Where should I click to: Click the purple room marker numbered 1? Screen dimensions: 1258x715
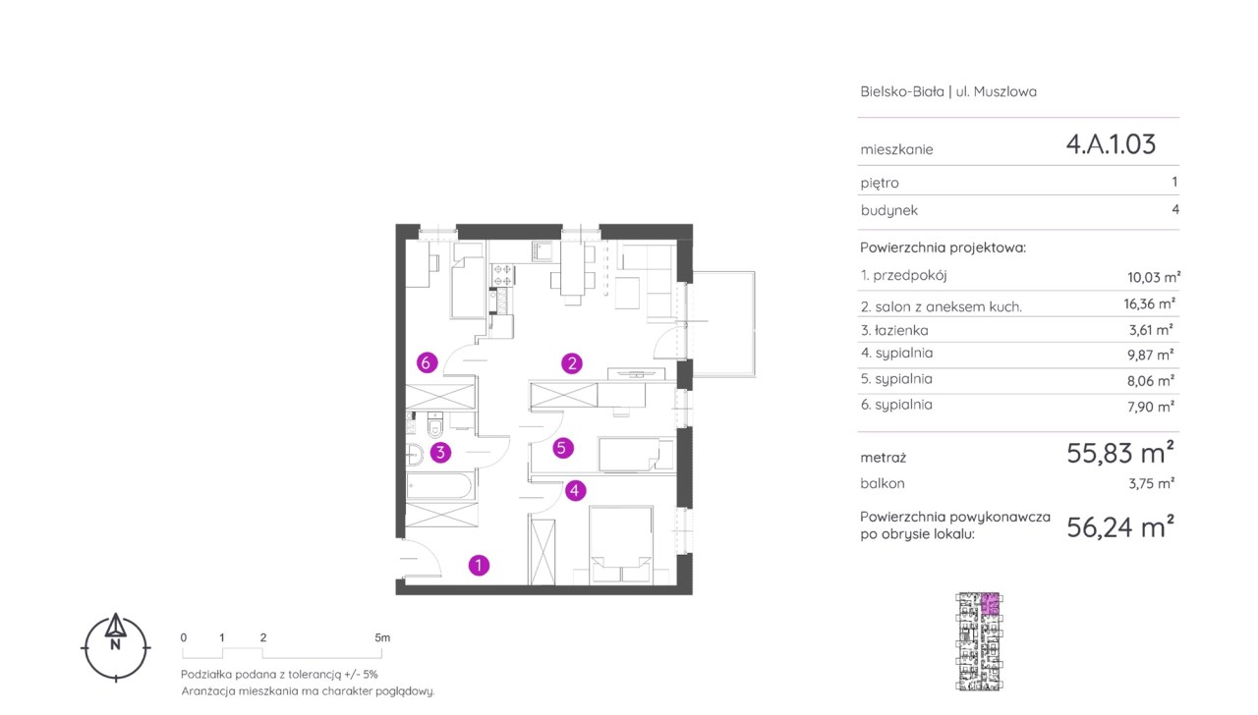(479, 565)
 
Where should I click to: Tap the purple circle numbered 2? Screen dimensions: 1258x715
(572, 363)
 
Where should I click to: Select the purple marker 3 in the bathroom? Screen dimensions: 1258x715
(440, 453)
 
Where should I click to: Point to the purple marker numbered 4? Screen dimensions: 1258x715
(575, 491)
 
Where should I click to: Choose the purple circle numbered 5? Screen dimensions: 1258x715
(563, 448)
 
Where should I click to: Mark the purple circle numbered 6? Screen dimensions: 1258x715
(427, 363)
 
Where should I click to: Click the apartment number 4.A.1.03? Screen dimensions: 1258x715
(1111, 144)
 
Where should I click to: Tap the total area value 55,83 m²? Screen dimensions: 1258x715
(1119, 453)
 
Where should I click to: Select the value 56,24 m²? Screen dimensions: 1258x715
(1119, 527)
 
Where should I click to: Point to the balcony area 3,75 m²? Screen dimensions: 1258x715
(1151, 484)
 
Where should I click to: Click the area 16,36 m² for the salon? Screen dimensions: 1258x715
(1149, 304)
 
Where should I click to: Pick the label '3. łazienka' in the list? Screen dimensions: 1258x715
(894, 331)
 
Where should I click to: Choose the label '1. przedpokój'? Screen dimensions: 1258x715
(903, 276)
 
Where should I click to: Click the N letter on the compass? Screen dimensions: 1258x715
(116, 645)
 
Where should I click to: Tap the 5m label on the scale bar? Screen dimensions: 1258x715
(382, 637)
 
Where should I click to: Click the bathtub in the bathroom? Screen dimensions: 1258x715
(439, 486)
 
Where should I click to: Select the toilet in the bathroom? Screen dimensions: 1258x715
(435, 425)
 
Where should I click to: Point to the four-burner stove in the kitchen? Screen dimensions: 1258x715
(502, 275)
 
